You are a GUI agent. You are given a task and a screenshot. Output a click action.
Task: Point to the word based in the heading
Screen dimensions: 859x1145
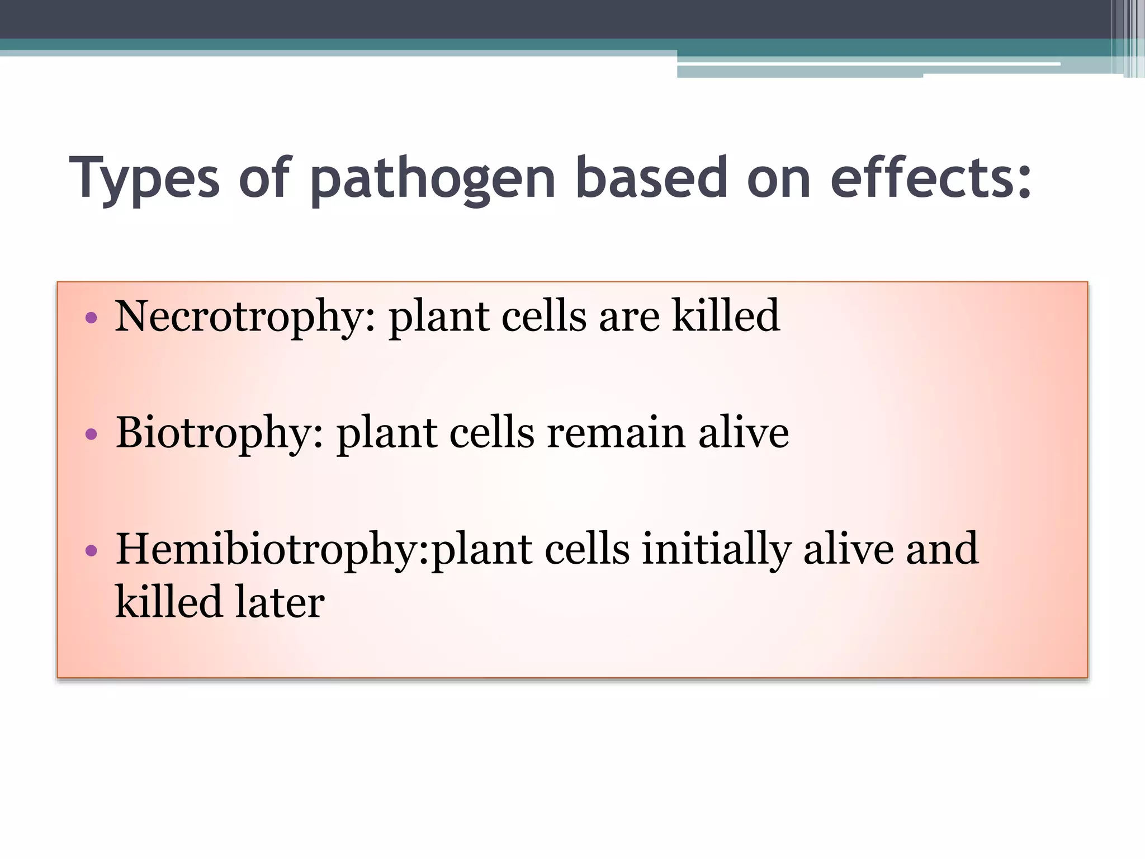(651, 178)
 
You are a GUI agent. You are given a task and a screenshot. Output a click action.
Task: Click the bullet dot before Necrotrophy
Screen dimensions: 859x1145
(91, 319)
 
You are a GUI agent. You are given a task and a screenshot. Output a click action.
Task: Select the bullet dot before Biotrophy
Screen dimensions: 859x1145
(91, 435)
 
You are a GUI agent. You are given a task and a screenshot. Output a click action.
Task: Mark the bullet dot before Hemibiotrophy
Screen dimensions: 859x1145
(91, 551)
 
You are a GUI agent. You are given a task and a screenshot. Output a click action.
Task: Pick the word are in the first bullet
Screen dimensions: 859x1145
(629, 317)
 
